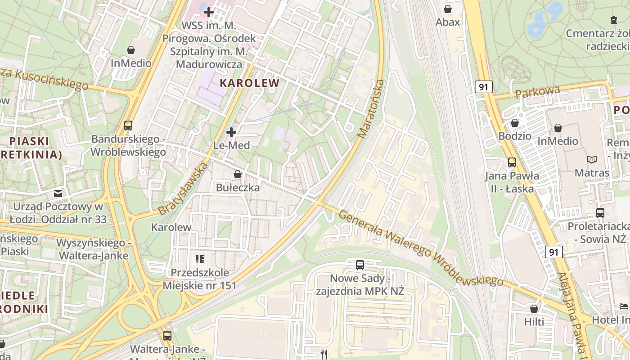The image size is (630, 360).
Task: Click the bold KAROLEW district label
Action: (x=249, y=83)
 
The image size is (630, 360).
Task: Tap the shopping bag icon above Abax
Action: (x=448, y=9)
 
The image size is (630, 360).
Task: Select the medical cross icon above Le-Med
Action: (x=231, y=132)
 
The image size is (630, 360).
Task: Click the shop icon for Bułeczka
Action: (x=238, y=174)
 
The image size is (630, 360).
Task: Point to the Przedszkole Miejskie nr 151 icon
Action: (x=199, y=259)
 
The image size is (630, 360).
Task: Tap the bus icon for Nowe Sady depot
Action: (x=360, y=265)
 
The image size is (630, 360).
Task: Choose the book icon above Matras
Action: (x=592, y=159)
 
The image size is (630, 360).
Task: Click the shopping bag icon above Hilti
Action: (x=534, y=309)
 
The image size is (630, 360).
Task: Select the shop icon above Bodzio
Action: (x=515, y=123)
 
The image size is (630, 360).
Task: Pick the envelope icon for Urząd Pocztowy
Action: (x=58, y=193)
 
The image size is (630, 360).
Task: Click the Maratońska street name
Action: (x=371, y=108)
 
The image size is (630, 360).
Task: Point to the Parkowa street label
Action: (x=538, y=92)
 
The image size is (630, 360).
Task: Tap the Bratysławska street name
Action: (x=183, y=188)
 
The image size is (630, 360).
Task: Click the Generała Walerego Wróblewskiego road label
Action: (x=420, y=248)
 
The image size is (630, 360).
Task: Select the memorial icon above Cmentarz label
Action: (x=613, y=20)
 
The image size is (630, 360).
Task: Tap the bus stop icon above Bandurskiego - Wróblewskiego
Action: (x=128, y=126)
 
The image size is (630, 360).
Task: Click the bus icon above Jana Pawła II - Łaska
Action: (x=512, y=162)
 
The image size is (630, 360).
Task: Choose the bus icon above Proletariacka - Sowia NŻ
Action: (x=600, y=212)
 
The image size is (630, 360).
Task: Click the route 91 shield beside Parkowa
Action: (x=483, y=87)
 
